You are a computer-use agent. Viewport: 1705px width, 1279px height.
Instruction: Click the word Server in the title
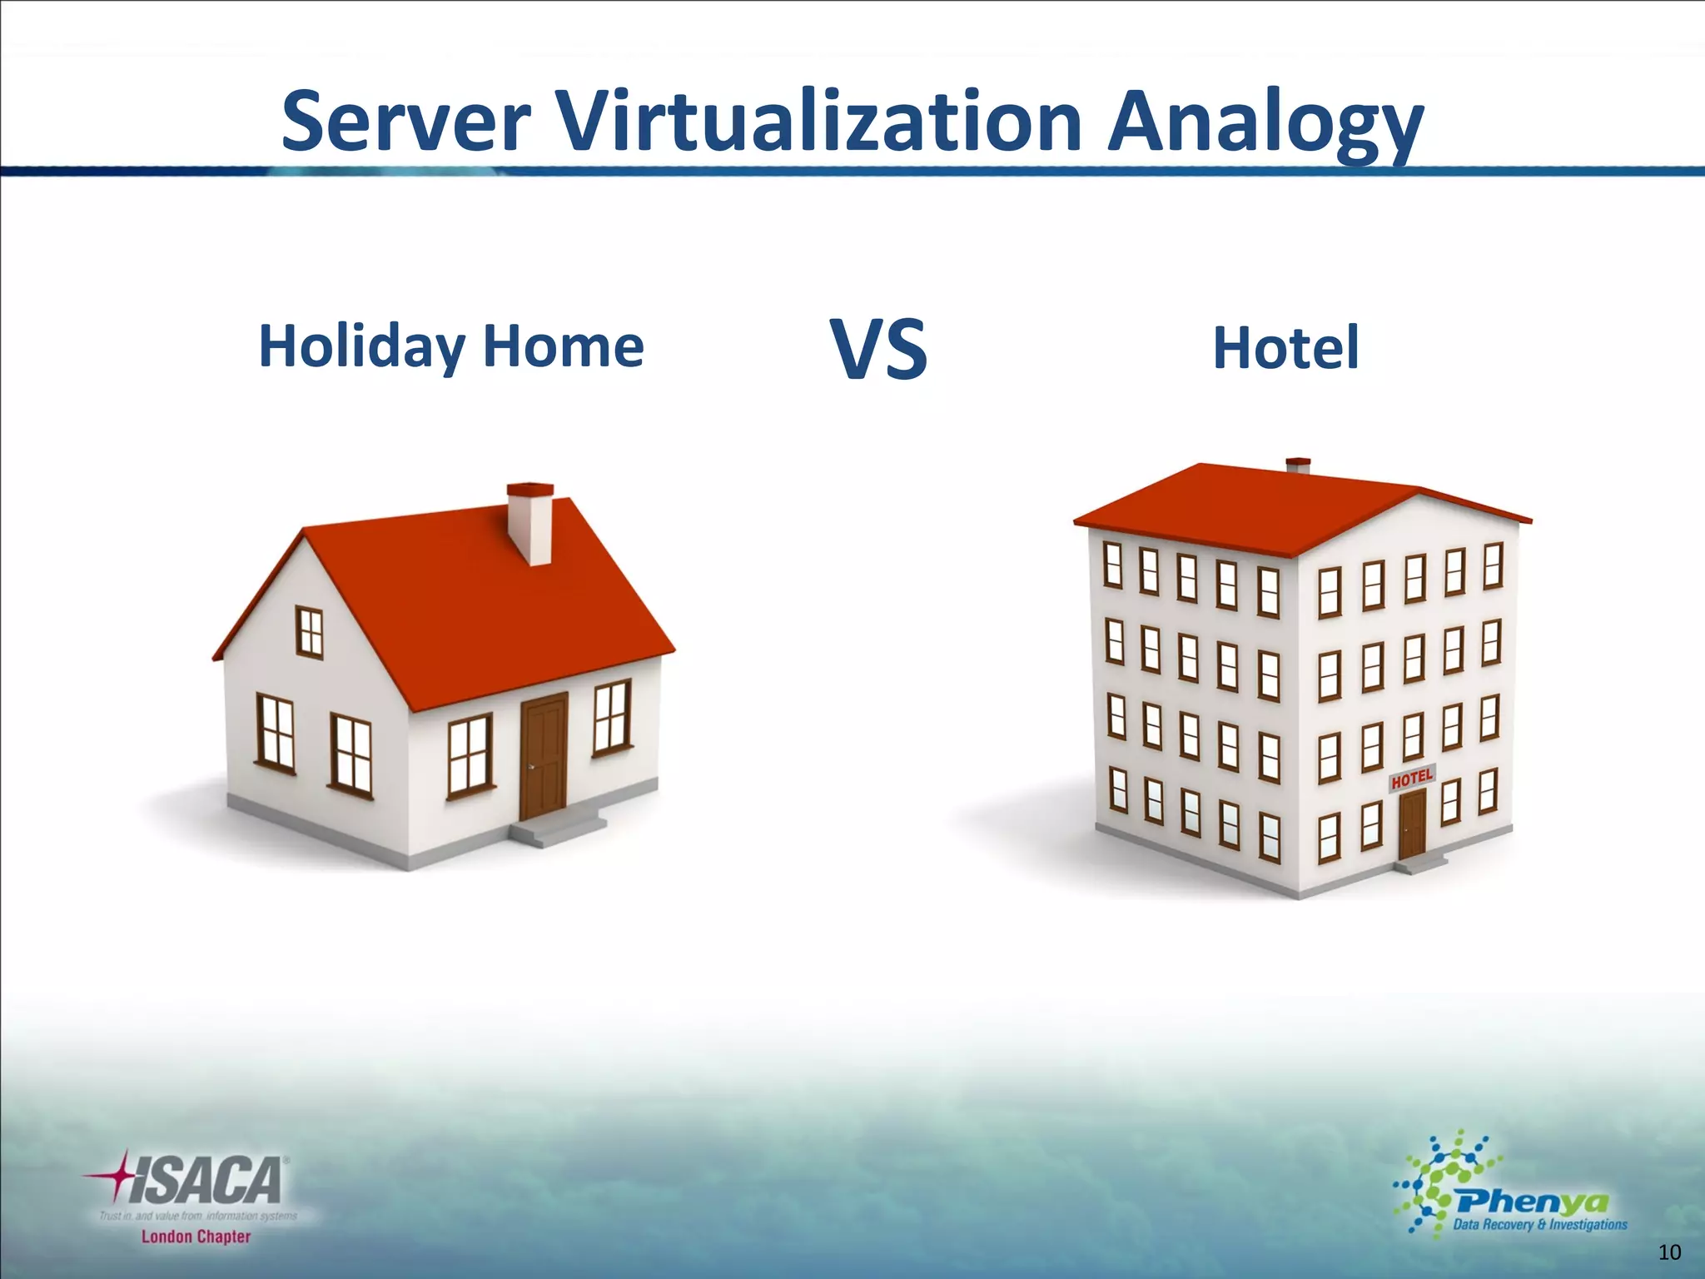(x=405, y=122)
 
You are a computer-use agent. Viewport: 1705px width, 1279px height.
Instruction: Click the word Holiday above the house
(x=361, y=346)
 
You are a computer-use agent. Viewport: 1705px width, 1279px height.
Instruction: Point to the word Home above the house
(x=563, y=346)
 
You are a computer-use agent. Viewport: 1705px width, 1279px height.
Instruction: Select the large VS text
(x=878, y=350)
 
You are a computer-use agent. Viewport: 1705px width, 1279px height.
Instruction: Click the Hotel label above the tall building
(x=1285, y=348)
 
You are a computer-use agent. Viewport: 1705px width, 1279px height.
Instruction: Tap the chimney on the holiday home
(x=531, y=523)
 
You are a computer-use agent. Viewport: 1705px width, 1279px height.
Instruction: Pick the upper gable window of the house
(x=310, y=633)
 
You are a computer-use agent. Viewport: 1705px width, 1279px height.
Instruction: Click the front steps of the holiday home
(x=558, y=829)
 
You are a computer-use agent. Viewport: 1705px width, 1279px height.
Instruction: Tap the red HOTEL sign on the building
(x=1412, y=779)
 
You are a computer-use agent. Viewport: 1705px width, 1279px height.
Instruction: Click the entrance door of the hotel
(x=1412, y=824)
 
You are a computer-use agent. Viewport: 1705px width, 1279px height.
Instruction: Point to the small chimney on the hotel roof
(x=1298, y=465)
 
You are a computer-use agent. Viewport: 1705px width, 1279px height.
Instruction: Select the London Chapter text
(x=196, y=1237)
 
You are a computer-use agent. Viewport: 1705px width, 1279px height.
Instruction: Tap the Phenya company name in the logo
(x=1532, y=1202)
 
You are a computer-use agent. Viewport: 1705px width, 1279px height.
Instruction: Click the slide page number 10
(x=1669, y=1252)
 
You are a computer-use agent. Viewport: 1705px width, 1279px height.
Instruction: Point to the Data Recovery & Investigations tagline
(x=1539, y=1225)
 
